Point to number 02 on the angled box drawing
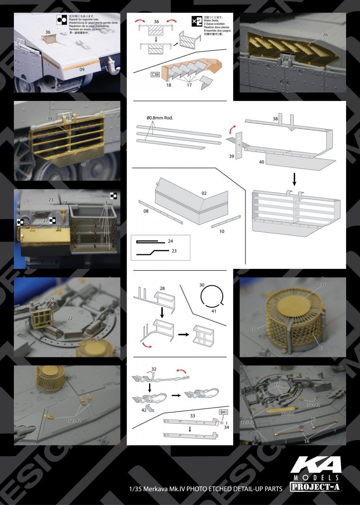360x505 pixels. point(204,193)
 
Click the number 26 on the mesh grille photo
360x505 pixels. point(325,35)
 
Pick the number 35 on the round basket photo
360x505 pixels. point(323,284)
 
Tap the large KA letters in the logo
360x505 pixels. point(315,464)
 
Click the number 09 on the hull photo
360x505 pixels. point(83,69)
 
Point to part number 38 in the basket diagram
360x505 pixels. point(275,119)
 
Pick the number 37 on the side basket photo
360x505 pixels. point(69,119)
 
